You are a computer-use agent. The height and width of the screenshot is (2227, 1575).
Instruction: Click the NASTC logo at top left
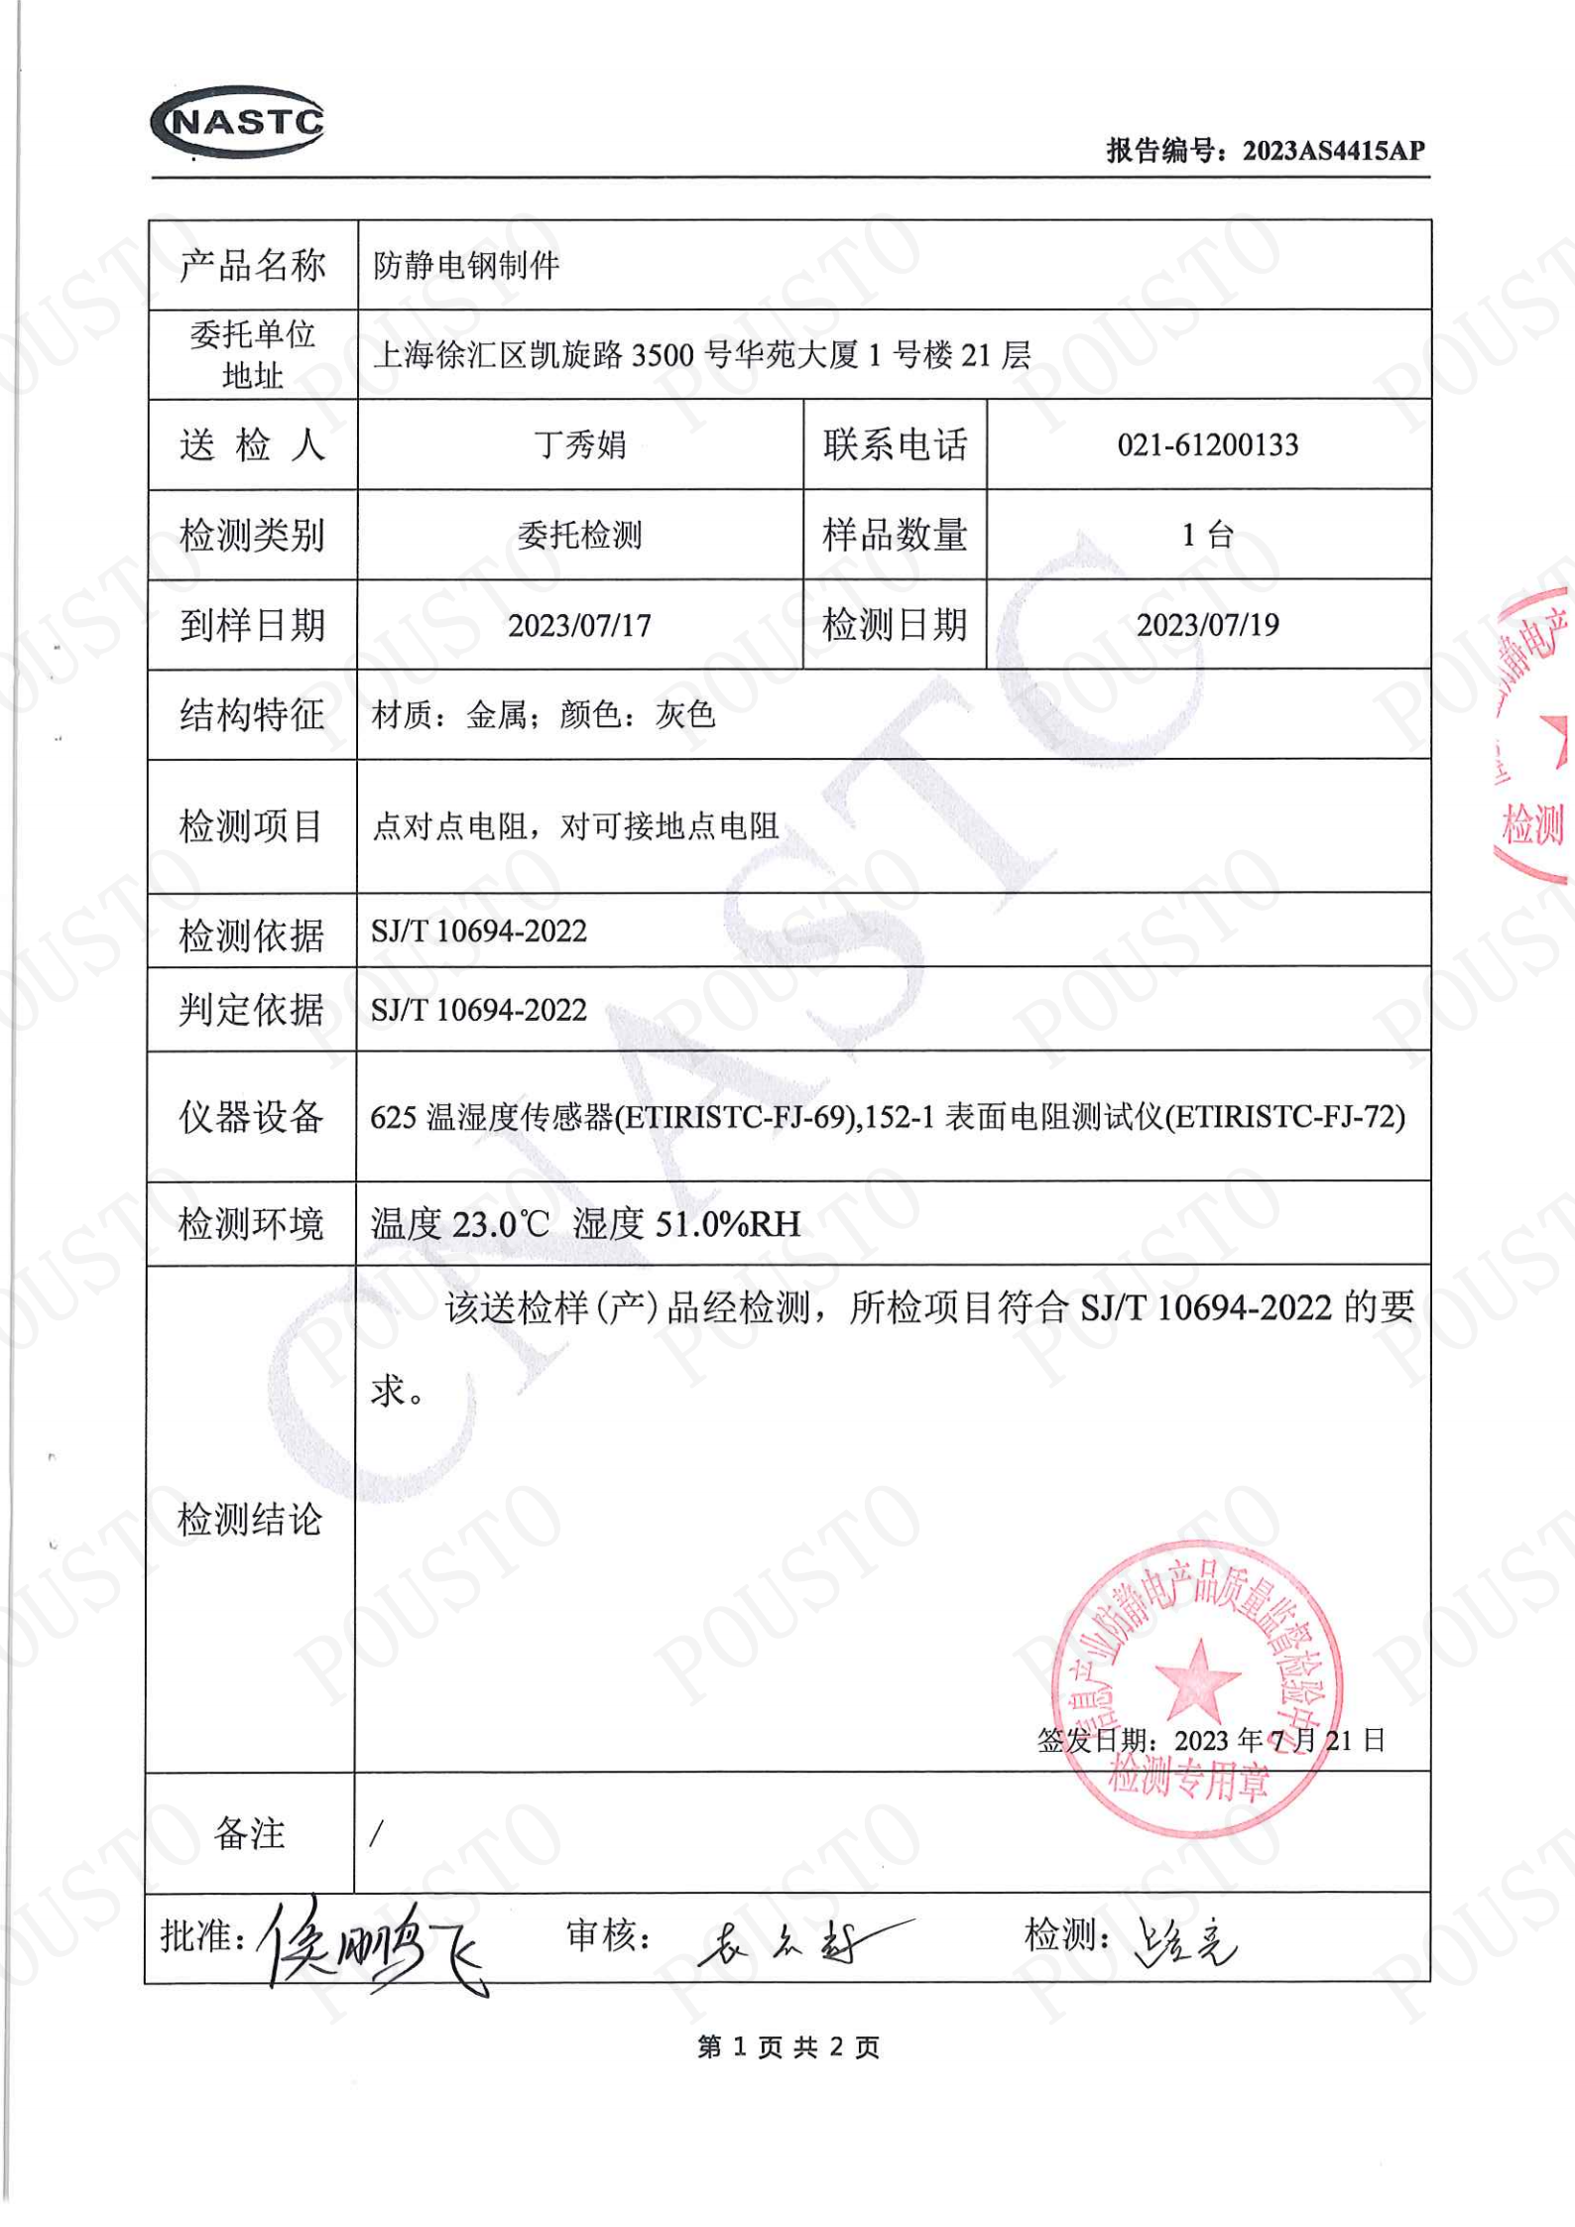point(238,122)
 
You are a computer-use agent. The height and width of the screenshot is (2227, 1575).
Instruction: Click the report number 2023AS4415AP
point(1333,151)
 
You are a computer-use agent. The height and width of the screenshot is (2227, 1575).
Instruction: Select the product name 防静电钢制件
point(465,266)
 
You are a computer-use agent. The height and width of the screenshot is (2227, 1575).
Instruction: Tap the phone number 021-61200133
point(1207,445)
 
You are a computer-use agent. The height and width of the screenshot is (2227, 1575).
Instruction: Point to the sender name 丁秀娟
point(580,445)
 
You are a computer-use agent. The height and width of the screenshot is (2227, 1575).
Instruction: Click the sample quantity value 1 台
point(1207,536)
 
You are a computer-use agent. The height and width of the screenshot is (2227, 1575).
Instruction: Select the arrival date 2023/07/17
point(579,626)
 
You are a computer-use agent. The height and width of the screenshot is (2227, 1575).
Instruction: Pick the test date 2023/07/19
point(1207,625)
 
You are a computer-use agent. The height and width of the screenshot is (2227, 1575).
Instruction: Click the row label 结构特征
point(252,715)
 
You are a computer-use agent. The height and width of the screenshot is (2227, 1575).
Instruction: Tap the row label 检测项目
point(251,826)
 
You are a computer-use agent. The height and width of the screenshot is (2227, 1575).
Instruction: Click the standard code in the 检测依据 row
point(479,931)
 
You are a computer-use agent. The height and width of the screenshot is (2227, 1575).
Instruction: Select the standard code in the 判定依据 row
point(479,1011)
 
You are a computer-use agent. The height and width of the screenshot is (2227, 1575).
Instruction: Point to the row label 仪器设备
point(251,1117)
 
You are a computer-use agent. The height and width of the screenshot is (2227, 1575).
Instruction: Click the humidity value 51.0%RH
point(728,1224)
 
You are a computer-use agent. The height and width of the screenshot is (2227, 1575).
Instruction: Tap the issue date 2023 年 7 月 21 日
point(1278,1741)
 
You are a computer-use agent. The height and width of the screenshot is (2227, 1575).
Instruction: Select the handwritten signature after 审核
point(793,1940)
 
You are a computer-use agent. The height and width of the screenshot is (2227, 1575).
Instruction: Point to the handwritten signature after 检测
point(1185,1940)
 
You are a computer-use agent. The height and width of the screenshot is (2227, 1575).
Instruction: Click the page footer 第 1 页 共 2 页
point(788,2046)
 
